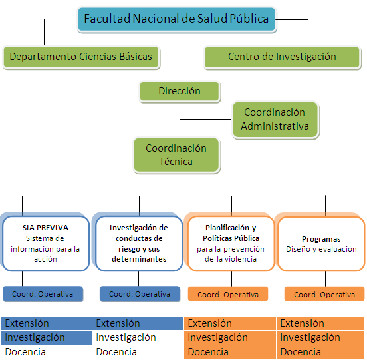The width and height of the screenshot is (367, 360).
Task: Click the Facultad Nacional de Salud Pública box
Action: click(177, 19)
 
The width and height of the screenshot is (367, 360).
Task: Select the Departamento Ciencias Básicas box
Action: click(81, 57)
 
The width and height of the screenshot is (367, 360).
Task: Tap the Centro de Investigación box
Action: click(282, 57)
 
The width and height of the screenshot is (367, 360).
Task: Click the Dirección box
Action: click(180, 91)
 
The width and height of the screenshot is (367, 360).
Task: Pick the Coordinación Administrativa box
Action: click(275, 120)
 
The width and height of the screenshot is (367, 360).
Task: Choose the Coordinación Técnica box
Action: click(176, 155)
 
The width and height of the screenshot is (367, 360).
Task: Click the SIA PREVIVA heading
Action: click(45, 228)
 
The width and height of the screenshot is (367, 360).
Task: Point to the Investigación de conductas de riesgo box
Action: click(139, 243)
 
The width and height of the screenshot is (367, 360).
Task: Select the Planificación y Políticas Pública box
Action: click(231, 244)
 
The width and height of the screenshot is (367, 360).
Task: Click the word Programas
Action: click(321, 239)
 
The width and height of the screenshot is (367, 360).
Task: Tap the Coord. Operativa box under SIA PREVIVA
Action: click(43, 294)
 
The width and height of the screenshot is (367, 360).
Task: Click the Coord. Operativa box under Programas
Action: click(324, 294)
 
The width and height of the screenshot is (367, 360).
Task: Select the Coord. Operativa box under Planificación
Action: click(228, 294)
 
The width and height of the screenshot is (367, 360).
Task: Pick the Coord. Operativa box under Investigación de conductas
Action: click(140, 294)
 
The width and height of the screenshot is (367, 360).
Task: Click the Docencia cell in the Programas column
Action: click(320, 352)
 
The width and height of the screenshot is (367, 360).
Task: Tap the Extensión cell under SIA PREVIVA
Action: click(47, 323)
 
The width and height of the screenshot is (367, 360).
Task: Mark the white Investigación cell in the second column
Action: click(138, 337)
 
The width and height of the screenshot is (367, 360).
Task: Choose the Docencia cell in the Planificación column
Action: click(230, 352)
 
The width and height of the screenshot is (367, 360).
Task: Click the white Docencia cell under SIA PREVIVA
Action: click(47, 352)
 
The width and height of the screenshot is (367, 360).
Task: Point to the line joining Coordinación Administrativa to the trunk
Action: click(205, 120)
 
